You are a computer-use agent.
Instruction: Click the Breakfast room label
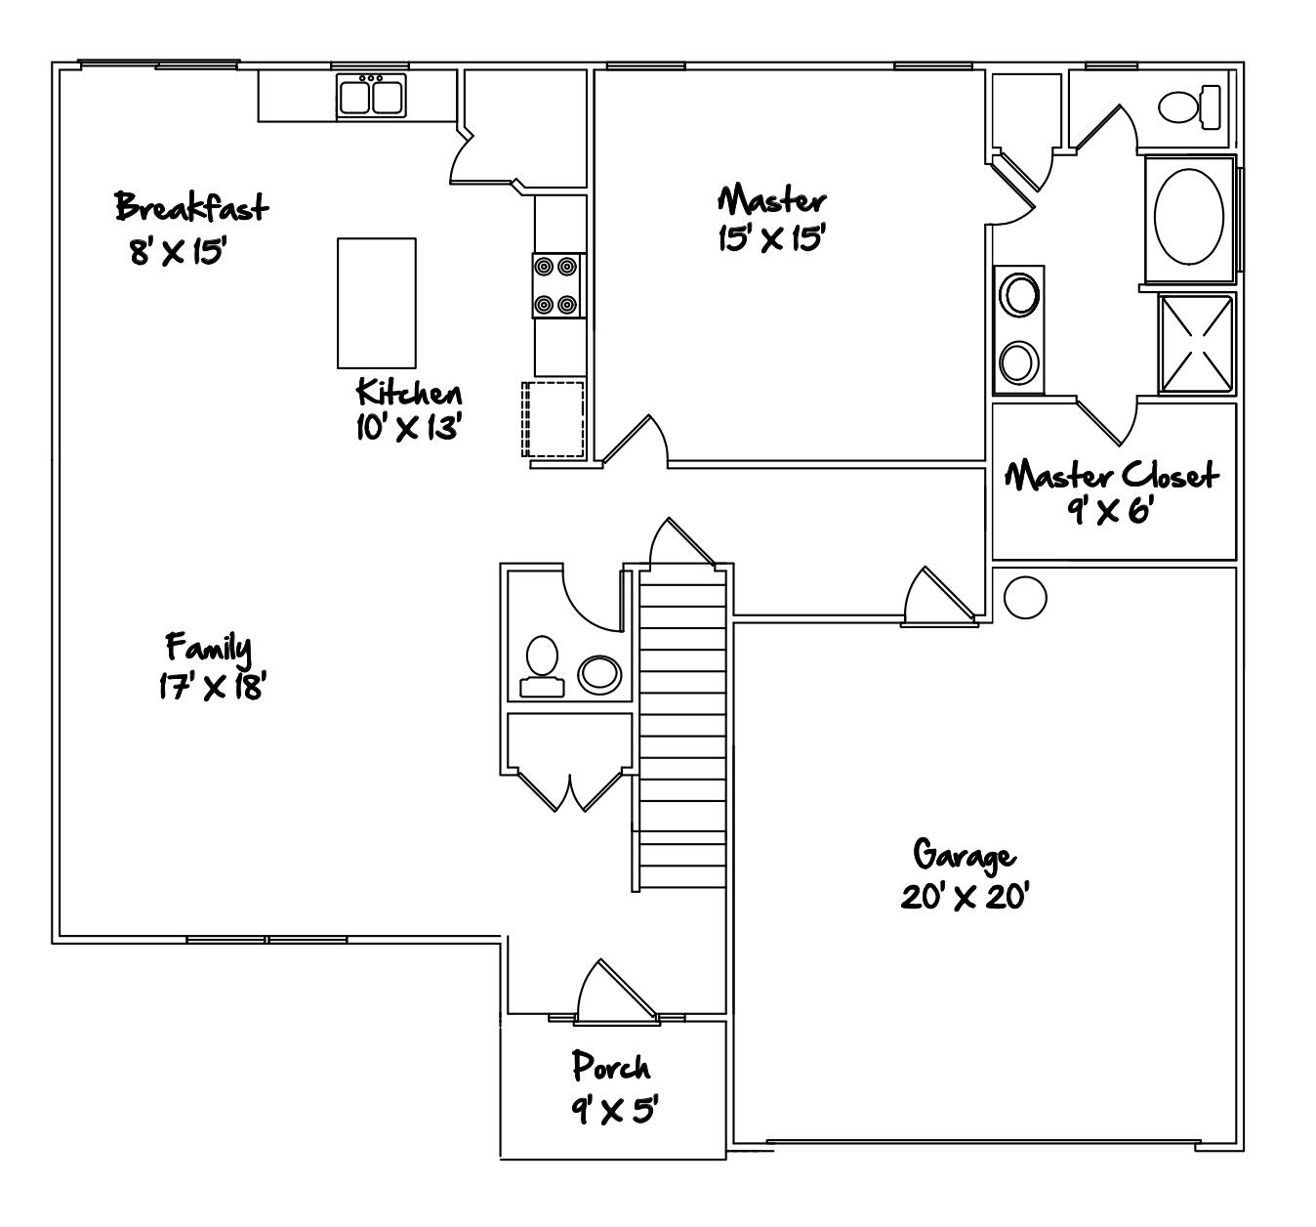[x=191, y=207]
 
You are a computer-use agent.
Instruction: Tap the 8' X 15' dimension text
[x=178, y=252]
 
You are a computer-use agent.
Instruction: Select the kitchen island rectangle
[x=377, y=303]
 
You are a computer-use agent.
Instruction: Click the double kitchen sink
[x=371, y=98]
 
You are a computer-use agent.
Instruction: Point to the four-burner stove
[x=557, y=285]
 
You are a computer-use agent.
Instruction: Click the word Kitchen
[x=409, y=393]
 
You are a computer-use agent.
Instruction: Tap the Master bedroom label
[x=772, y=200]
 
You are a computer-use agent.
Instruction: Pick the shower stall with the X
[x=1197, y=343]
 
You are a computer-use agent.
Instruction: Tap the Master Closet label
[x=1112, y=477]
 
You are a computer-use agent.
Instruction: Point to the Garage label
[x=965, y=855]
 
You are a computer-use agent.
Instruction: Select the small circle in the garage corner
[x=1025, y=596]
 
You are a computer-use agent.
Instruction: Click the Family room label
[x=209, y=647]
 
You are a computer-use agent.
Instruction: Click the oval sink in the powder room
[x=599, y=672]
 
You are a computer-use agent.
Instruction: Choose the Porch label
[x=611, y=1066]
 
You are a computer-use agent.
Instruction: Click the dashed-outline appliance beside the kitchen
[x=554, y=419]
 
